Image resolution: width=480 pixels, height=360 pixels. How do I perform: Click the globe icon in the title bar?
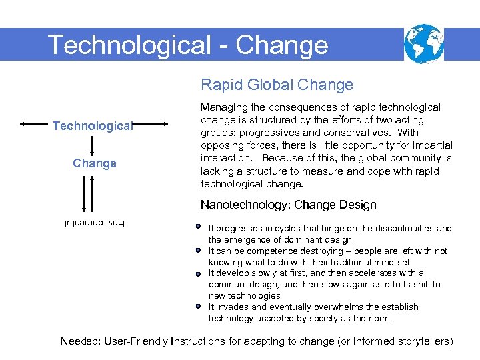click(424, 43)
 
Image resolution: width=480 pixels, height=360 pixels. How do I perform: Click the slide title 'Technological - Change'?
click(188, 45)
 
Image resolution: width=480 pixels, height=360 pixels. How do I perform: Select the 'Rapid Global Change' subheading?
click(277, 85)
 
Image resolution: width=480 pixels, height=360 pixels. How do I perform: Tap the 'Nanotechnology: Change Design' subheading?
click(288, 205)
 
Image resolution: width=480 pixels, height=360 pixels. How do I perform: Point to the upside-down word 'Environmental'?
click(93, 224)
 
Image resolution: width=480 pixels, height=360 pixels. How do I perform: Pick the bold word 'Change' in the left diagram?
click(94, 163)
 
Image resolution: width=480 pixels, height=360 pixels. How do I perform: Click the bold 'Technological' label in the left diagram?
click(94, 125)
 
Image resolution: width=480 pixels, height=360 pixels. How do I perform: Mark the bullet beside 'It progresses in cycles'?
click(199, 227)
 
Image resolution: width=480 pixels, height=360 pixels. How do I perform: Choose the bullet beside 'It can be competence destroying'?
click(199, 250)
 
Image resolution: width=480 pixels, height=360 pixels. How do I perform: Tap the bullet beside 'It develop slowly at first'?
click(199, 273)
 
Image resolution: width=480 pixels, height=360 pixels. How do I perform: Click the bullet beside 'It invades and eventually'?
click(199, 307)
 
